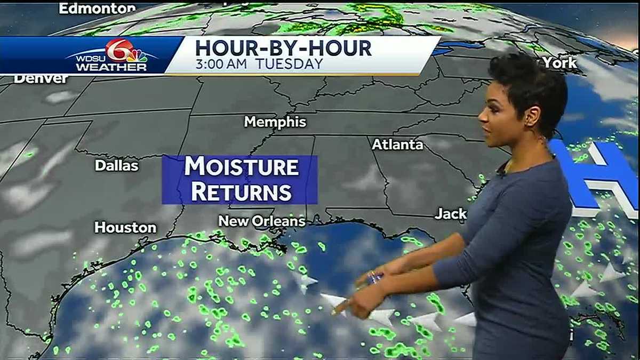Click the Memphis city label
(275, 122)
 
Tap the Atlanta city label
(397, 145)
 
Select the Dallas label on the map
(116, 166)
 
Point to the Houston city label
(125, 228)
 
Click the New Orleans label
(262, 221)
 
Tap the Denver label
(41, 79)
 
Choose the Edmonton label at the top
(97, 8)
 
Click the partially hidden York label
(559, 63)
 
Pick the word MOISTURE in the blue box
(241, 167)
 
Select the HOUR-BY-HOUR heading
(283, 48)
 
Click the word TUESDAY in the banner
(289, 64)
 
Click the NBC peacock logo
(137, 56)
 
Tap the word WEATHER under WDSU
(111, 67)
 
